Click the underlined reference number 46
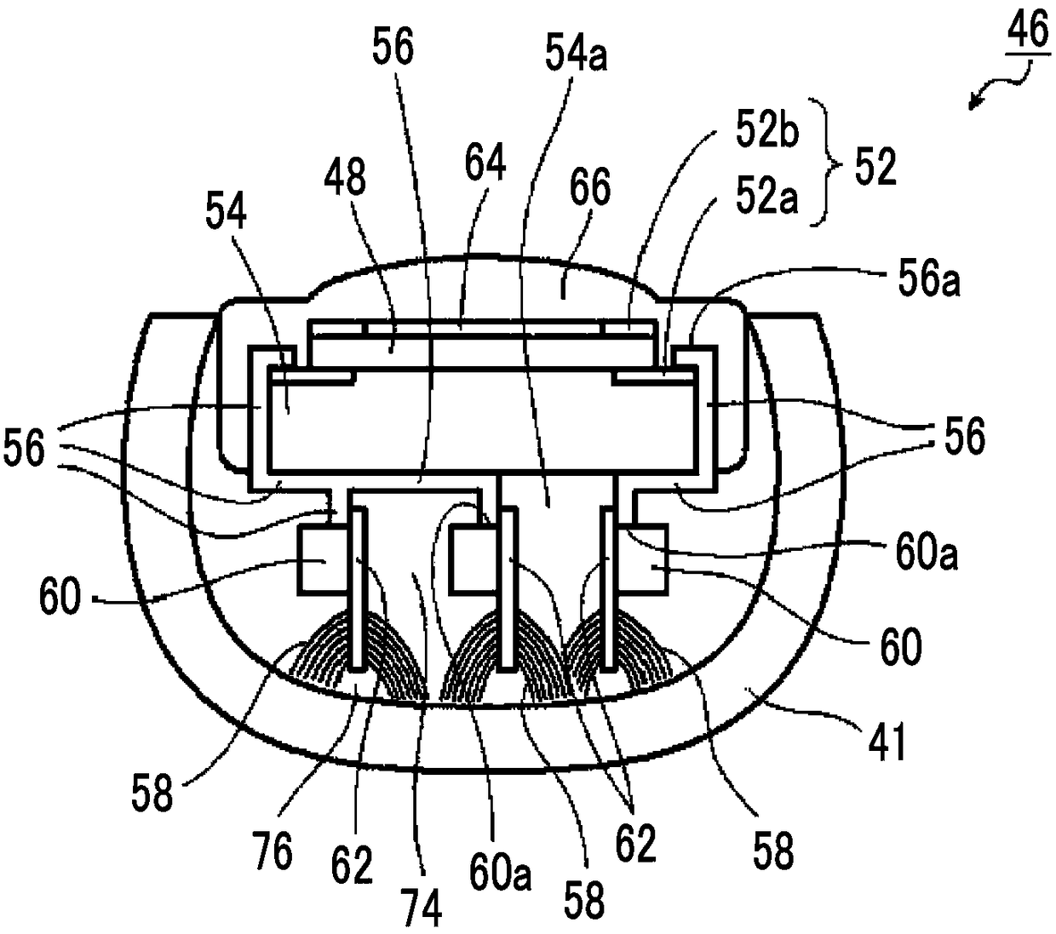pyautogui.click(x=1027, y=31)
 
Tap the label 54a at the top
pyautogui.click(x=576, y=54)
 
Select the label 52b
pyautogui.click(x=766, y=132)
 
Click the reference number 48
pyautogui.click(x=344, y=178)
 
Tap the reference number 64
pyautogui.click(x=485, y=162)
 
